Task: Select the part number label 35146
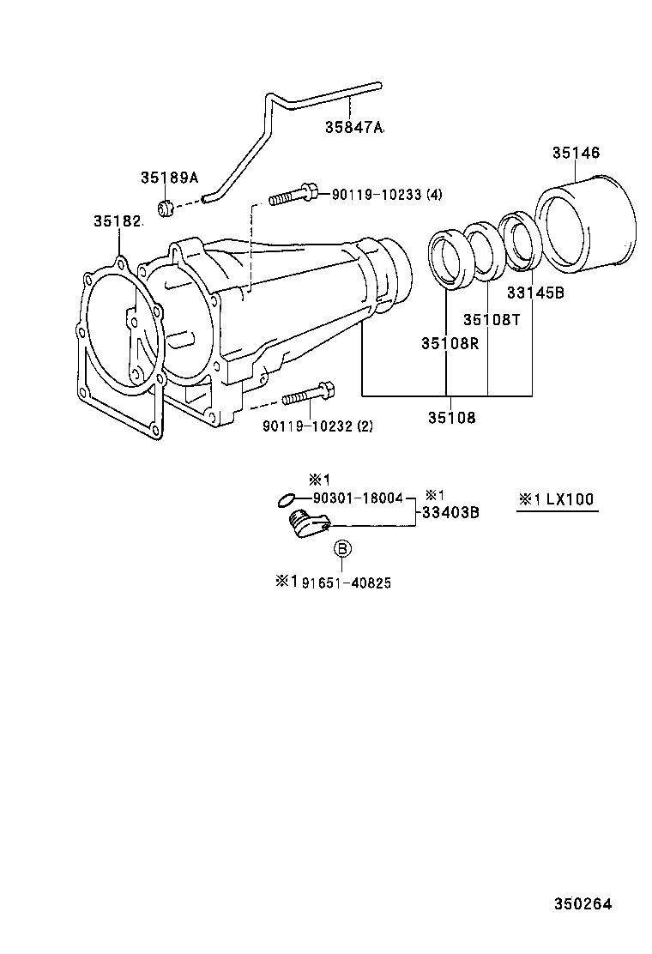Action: tap(575, 153)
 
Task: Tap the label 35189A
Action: tap(169, 178)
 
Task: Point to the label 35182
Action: tap(117, 221)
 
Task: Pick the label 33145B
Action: tap(534, 293)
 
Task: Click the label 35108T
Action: tap(492, 319)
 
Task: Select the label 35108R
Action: tap(450, 343)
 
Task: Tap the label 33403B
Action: tap(450, 513)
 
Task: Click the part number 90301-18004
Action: tap(358, 498)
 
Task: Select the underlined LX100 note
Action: tap(557, 499)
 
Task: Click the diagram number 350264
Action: tap(583, 903)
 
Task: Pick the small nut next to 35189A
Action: tap(167, 207)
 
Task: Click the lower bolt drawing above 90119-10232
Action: tap(307, 395)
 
